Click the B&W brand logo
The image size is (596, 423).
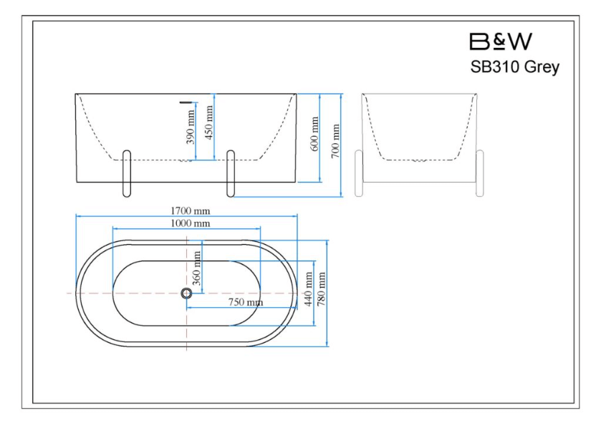[501, 42]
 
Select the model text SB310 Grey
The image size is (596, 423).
[514, 67]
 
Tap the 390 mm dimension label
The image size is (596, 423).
[191, 127]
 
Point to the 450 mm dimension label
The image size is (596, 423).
[208, 122]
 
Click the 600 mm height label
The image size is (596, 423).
[314, 134]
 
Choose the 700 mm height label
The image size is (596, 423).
[335, 141]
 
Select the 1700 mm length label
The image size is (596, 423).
[190, 210]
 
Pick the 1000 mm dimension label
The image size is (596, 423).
[190, 223]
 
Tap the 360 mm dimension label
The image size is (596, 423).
[196, 268]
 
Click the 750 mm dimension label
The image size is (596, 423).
[246, 303]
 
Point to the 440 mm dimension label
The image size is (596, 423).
[308, 289]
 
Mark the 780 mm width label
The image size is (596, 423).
[322, 289]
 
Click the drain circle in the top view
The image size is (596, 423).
[186, 293]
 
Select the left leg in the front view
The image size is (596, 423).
[127, 173]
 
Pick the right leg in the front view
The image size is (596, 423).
[231, 173]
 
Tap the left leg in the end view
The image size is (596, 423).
[358, 173]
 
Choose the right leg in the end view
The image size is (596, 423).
[480, 173]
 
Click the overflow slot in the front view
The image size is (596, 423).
[186, 102]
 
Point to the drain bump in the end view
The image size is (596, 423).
[419, 161]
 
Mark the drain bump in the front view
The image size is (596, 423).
[186, 161]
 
